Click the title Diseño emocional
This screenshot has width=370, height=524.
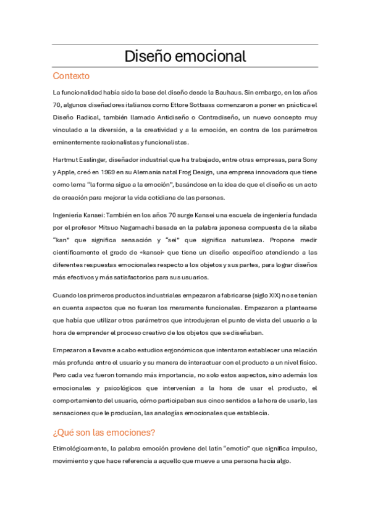pos(185,56)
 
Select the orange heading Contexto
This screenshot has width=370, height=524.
pos(71,76)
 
